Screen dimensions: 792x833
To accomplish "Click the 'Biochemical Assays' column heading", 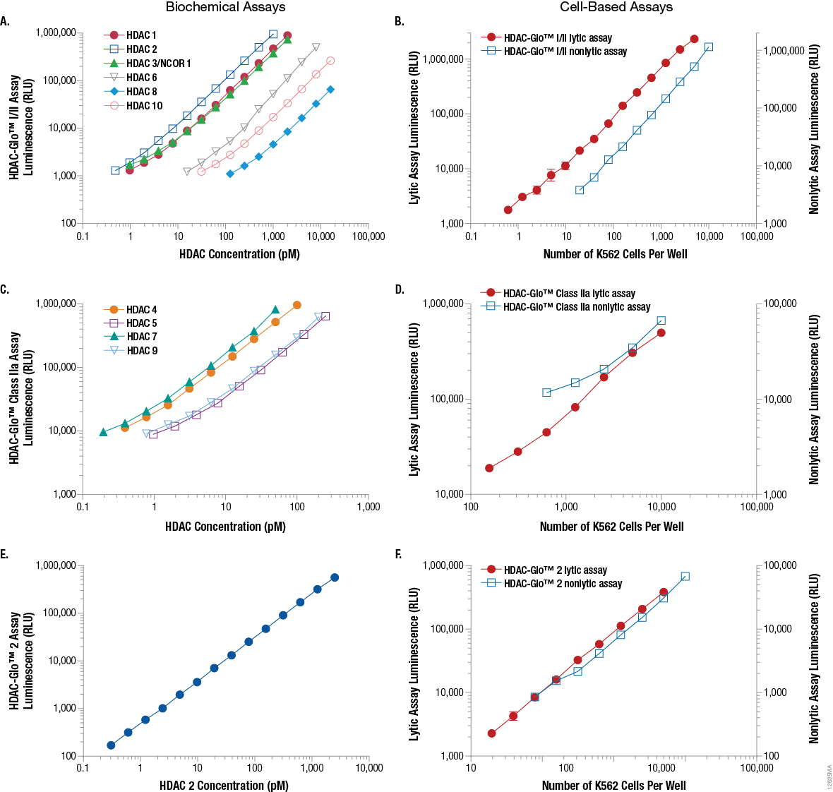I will coord(225,7).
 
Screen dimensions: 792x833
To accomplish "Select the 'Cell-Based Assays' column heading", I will coord(616,7).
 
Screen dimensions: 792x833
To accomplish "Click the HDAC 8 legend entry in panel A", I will coord(141,92).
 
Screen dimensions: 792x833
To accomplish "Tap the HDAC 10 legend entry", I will coord(144,106).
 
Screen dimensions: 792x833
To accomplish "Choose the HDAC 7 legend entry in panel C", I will coord(141,337).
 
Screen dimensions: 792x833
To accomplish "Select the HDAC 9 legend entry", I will coord(141,351).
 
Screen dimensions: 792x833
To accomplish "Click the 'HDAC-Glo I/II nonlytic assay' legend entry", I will coord(565,52).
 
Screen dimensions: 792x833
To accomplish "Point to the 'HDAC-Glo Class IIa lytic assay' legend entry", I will coord(569,294).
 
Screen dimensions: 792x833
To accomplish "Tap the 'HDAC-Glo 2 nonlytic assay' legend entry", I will coord(563,584).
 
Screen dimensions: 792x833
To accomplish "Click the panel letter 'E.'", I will coord(5,554).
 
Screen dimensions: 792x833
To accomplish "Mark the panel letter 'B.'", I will coord(400,21).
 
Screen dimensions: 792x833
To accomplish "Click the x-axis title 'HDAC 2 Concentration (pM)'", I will coord(224,785).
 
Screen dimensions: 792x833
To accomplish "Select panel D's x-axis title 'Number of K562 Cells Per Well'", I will coord(611,527).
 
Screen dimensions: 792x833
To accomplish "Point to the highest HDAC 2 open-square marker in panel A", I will coord(273,34).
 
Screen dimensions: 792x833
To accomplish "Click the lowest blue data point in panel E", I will coord(111,745).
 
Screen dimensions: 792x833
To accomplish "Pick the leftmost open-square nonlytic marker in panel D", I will coord(546,392).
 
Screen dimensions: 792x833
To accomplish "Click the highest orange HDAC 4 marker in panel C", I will coord(296,305).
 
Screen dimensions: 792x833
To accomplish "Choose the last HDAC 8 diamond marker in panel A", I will coord(330,90).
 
